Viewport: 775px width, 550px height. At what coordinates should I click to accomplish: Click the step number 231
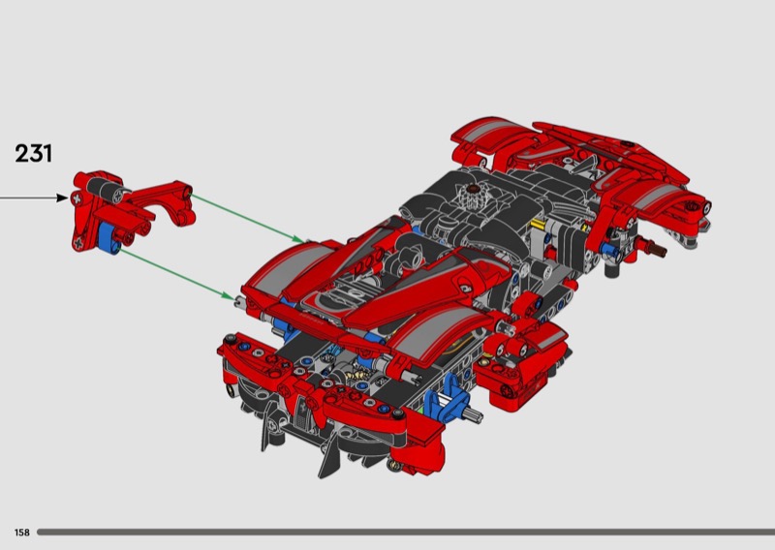pyautogui.click(x=34, y=153)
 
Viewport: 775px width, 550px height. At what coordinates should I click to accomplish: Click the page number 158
pyautogui.click(x=21, y=533)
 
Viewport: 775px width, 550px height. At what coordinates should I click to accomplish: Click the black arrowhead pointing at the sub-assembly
pyautogui.click(x=62, y=198)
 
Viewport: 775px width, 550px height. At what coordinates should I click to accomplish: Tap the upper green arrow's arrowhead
pyautogui.click(x=298, y=239)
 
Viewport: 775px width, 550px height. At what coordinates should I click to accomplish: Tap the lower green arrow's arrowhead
pyautogui.click(x=228, y=295)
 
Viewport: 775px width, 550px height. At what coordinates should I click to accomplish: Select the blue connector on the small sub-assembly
pyautogui.click(x=108, y=237)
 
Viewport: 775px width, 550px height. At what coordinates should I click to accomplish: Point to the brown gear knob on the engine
pyautogui.click(x=475, y=188)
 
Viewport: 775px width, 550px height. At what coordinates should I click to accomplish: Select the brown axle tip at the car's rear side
pyautogui.click(x=659, y=251)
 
